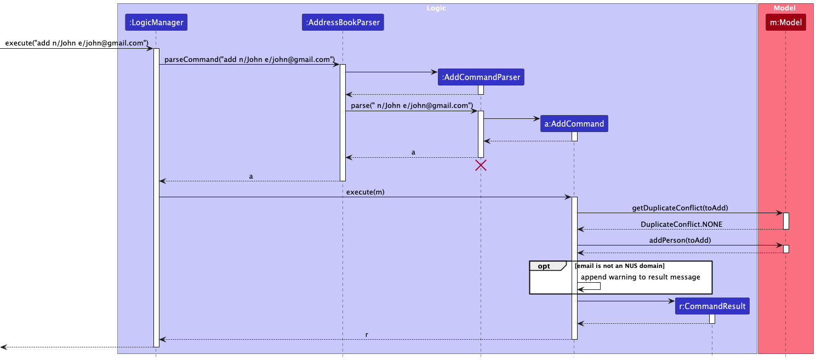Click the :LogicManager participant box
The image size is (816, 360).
pyautogui.click(x=156, y=22)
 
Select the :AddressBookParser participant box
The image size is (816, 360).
pyautogui.click(x=343, y=22)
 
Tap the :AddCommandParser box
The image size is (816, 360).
pyautogui.click(x=481, y=78)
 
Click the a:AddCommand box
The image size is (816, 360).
pyautogui.click(x=574, y=124)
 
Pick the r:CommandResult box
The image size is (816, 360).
pyautogui.click(x=712, y=306)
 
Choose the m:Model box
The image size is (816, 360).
pyautogui.click(x=785, y=22)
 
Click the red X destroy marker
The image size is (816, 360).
pyautogui.click(x=481, y=165)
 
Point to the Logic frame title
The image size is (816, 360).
pyautogui.click(x=437, y=8)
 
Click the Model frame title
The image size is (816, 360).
pyautogui.click(x=785, y=8)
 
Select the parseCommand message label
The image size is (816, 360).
pyautogui.click(x=249, y=59)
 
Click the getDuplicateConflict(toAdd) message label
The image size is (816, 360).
pyautogui.click(x=680, y=208)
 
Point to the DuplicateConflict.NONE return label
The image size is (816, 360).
pyautogui.click(x=681, y=224)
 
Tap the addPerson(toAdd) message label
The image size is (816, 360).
pyautogui.click(x=680, y=240)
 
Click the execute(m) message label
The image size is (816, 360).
pyautogui.click(x=364, y=192)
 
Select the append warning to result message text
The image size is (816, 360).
pyautogui.click(x=640, y=277)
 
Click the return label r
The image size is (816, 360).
pyautogui.click(x=367, y=334)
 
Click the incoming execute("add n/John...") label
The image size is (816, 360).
pyautogui.click(x=77, y=43)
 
